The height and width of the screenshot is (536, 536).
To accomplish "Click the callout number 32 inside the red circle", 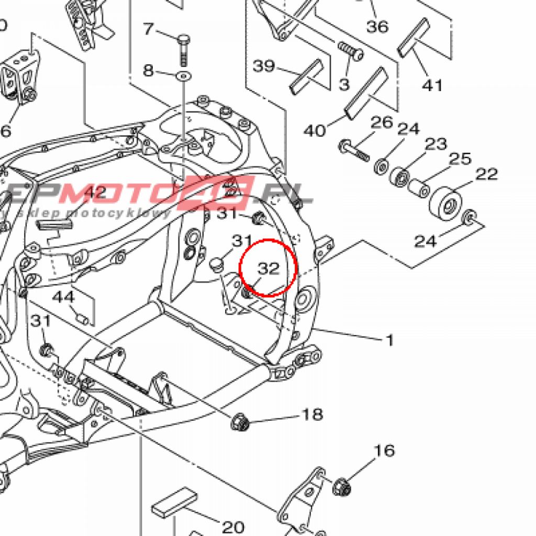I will (x=269, y=269).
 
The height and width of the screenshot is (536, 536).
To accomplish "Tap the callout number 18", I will (x=312, y=415).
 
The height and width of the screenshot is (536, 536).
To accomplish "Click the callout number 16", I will (x=384, y=451).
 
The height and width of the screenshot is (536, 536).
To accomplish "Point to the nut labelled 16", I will (x=342, y=487).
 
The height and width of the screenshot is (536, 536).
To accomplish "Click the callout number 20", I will (x=233, y=527).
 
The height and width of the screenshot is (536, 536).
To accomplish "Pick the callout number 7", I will (x=149, y=29).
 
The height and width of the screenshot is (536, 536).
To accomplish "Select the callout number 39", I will (x=264, y=66).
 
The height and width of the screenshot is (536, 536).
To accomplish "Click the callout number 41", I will (x=432, y=85).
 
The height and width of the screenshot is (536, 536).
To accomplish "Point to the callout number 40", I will (x=315, y=130).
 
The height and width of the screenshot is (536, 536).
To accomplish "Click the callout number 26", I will (x=382, y=123).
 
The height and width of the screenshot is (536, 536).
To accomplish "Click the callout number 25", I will (x=461, y=159).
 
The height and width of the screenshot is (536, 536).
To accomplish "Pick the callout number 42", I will (x=95, y=193).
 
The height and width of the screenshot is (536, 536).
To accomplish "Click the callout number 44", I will (x=64, y=297).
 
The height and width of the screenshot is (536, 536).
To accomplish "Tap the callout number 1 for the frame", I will (x=389, y=341).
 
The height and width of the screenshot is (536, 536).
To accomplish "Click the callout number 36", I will (x=377, y=26).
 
